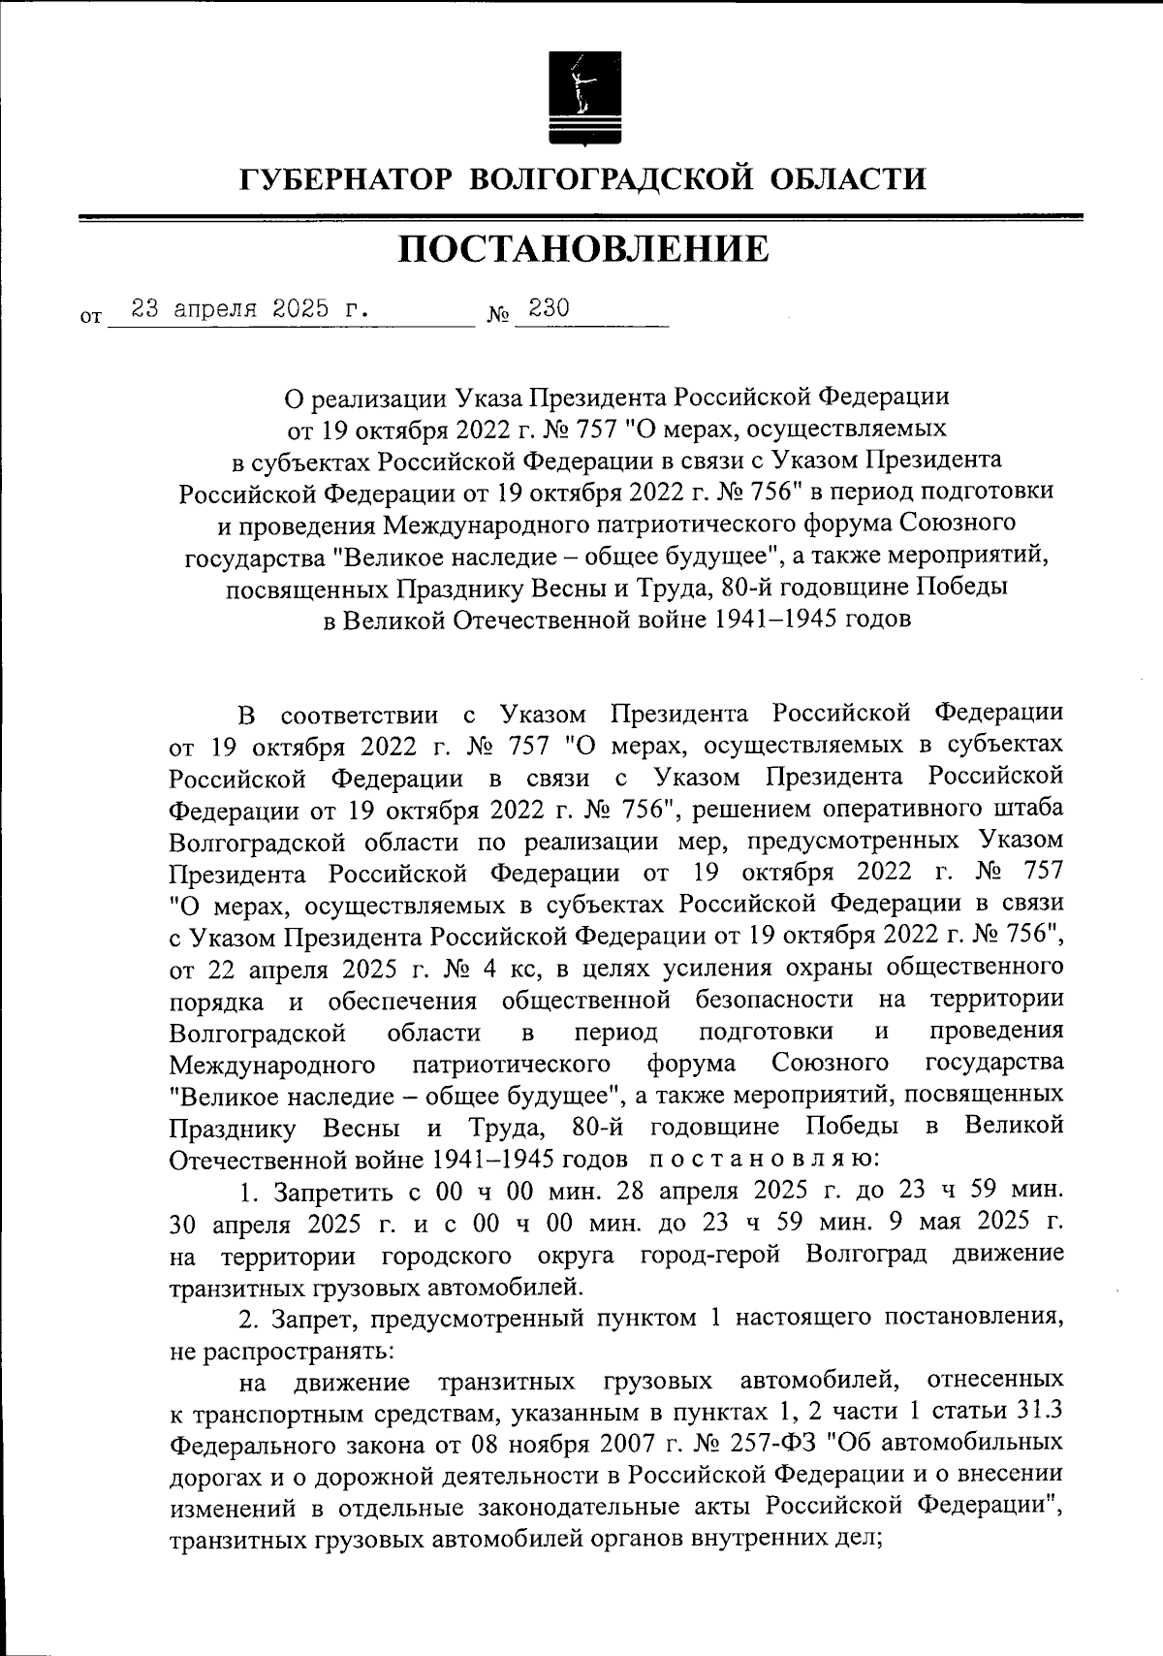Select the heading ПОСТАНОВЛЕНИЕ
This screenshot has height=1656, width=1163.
[x=582, y=249]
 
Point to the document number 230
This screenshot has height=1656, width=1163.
[x=549, y=308]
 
